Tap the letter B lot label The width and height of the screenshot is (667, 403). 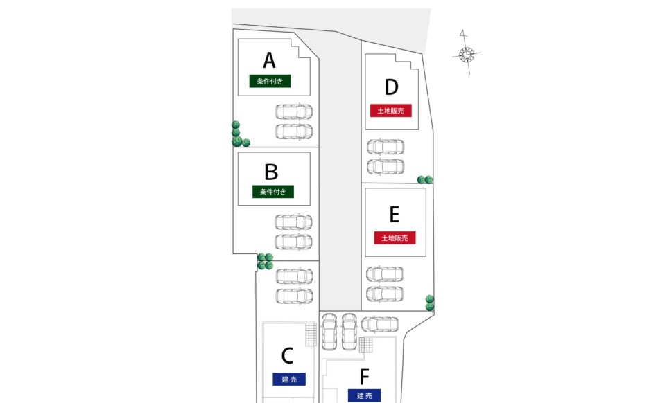(271, 171)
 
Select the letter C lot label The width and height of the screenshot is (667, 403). (288, 356)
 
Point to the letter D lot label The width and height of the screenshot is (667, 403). (392, 87)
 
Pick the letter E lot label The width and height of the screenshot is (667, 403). (395, 215)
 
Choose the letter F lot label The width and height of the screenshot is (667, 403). (365, 377)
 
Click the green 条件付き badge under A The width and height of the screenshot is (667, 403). (270, 81)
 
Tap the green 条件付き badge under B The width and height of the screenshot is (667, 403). (272, 192)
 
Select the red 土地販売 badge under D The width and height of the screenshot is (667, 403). (392, 110)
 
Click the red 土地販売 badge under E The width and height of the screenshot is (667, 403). (395, 238)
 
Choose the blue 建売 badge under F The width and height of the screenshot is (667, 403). (365, 395)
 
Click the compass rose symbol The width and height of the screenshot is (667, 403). (467, 53)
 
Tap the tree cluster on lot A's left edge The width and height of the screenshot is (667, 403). (239, 134)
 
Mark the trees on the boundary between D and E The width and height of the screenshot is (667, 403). (425, 180)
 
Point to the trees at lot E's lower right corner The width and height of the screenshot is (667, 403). (430, 303)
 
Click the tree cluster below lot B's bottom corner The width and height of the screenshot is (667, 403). (265, 261)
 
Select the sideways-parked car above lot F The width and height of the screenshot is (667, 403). (380, 324)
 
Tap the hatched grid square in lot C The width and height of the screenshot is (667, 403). (311, 335)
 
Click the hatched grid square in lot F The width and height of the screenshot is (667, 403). (366, 345)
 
